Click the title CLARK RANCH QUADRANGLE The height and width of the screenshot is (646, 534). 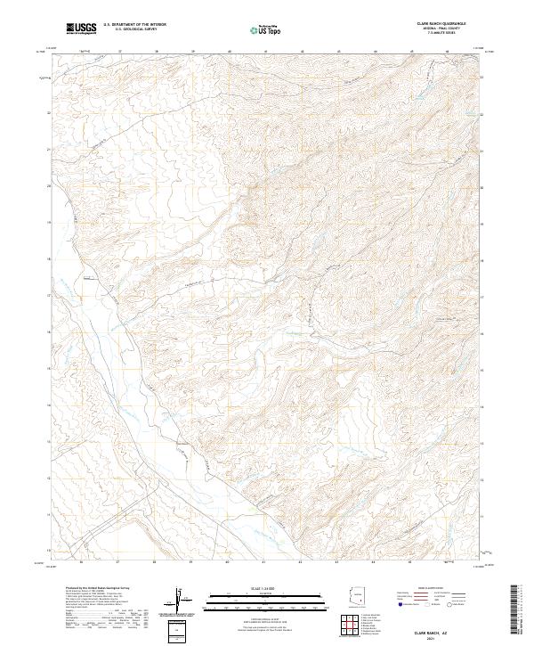point(441,23)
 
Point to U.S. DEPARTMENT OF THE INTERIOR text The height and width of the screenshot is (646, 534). point(134,25)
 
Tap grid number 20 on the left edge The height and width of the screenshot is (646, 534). point(50,185)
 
